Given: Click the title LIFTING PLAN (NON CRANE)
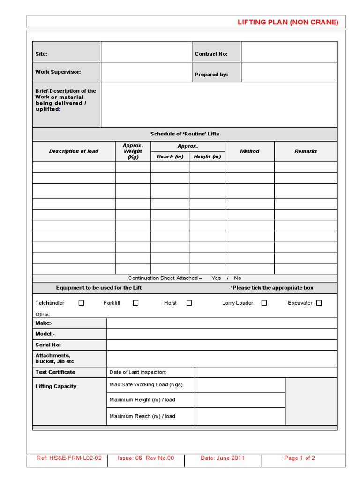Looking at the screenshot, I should [288, 22].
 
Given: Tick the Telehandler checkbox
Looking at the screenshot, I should [81, 303].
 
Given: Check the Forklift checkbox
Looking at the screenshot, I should [135, 303].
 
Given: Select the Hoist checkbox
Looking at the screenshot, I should [189, 303].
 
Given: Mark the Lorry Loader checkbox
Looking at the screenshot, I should [264, 303].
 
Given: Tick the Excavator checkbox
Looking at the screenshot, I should [319, 303].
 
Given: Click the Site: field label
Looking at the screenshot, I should [41, 54].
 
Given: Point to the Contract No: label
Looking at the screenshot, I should [211, 54].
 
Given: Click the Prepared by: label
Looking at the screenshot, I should [211, 75].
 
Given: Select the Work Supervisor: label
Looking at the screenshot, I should [58, 72].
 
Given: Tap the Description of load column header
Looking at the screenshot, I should [74, 151].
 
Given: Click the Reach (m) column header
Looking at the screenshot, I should [170, 157].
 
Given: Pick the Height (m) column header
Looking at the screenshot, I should [207, 157].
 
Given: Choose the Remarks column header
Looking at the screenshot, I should [306, 151].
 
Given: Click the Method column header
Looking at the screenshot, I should [249, 151].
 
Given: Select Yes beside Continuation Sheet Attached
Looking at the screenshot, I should [216, 278].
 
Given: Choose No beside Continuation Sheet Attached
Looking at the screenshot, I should [238, 278].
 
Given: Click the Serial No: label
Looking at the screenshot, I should [48, 345].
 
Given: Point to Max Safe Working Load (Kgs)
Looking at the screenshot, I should [146, 384].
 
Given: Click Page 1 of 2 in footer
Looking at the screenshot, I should [300, 458].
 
